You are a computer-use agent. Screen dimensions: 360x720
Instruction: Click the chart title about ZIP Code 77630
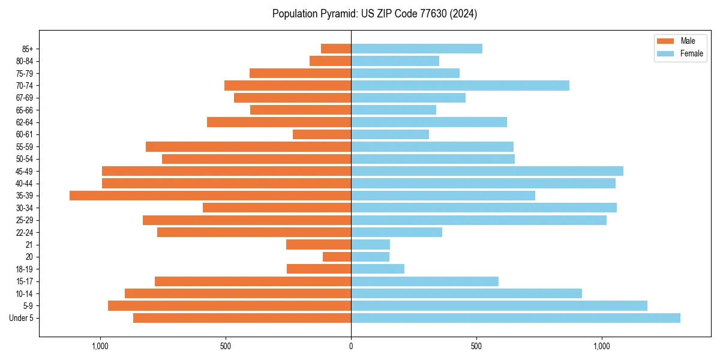click(x=374, y=14)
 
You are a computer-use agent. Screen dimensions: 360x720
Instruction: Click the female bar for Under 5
click(x=515, y=318)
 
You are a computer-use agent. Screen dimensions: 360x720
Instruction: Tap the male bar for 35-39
click(x=210, y=196)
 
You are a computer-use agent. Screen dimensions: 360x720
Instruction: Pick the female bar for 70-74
click(x=460, y=85)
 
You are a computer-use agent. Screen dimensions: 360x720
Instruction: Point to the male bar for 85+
click(x=336, y=49)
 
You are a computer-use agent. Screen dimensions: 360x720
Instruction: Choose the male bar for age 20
click(x=337, y=257)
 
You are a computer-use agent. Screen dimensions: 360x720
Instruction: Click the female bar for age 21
click(x=370, y=244)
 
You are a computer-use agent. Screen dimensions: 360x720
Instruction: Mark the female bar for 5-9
click(x=499, y=305)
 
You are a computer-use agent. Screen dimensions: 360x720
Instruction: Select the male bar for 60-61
click(x=322, y=134)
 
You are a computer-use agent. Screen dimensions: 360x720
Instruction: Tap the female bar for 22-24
click(x=397, y=232)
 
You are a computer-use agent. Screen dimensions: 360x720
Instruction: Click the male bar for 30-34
click(x=277, y=208)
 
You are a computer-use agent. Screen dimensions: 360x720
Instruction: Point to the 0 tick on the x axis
click(x=351, y=346)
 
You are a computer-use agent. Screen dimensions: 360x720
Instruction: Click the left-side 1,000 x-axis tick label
click(x=100, y=346)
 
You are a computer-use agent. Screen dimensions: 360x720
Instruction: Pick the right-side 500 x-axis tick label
click(x=476, y=346)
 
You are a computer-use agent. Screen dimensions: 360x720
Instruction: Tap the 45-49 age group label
click(x=25, y=171)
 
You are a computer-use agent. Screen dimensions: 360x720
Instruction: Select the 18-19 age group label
click(x=25, y=269)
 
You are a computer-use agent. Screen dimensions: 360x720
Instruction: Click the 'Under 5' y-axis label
click(x=22, y=318)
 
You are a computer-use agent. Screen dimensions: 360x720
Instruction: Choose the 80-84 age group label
click(x=25, y=61)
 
